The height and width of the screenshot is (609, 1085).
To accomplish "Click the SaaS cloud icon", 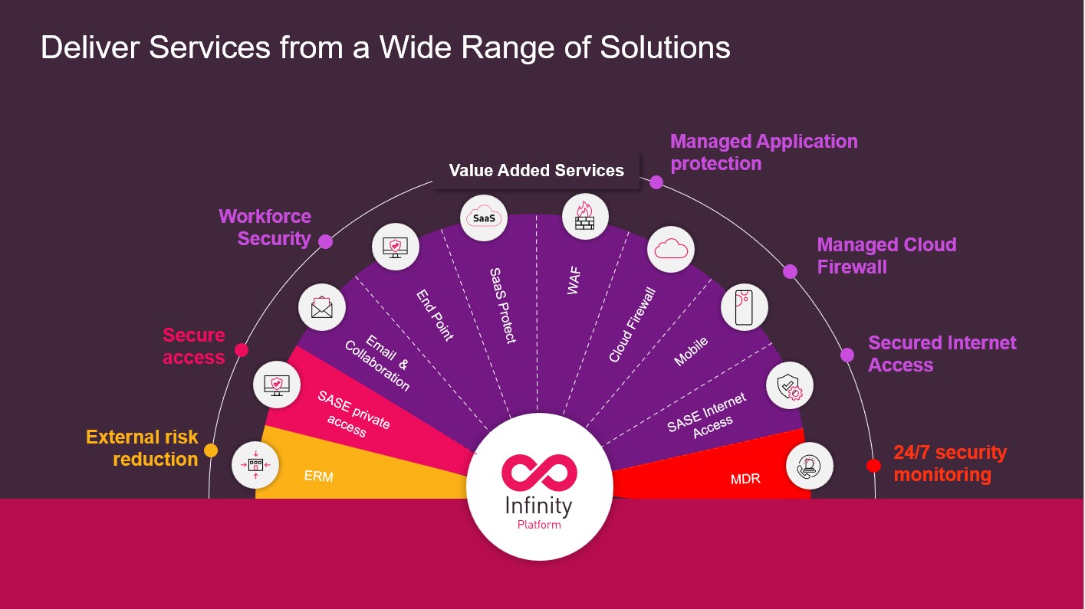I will coord(484,218).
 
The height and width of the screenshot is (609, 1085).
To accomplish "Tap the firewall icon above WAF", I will coord(585,216).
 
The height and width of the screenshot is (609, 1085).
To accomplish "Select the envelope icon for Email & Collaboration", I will coord(322,307).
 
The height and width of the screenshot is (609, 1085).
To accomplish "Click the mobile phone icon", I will coord(744,307).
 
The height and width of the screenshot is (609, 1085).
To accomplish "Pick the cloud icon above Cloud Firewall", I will coord(671,249).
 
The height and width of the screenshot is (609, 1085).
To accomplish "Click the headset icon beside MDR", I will coord(810,466).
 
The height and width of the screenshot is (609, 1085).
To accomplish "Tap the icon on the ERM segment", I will coord(255,465).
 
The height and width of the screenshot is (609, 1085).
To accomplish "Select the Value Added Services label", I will coord(536,170).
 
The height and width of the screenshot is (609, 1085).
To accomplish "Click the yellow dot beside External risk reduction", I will coord(211,450).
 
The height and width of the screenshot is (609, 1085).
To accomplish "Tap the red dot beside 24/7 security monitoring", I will coord(873,465).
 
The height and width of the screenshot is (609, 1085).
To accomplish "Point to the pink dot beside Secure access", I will coord(241,350).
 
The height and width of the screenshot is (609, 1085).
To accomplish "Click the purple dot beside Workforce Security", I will coord(325,241).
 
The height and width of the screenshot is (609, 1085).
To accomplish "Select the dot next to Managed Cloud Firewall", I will coord(790,271).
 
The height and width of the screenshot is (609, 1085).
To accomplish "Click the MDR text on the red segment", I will coord(745,479).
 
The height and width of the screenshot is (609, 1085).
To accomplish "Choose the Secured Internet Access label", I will coord(942,353).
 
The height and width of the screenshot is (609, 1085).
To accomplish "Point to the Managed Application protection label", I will coord(764,152).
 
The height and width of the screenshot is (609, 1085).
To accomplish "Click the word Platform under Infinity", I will coord(539,525).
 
